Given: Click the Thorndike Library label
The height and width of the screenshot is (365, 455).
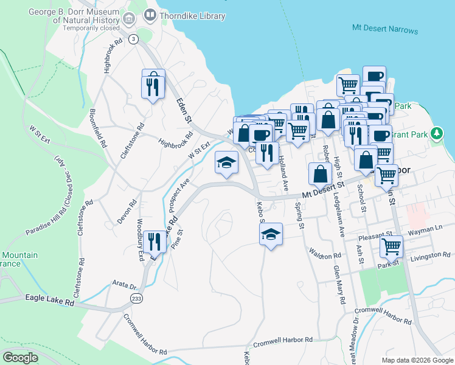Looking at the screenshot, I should click(x=193, y=16).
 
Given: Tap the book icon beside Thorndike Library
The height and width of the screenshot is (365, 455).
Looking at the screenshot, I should click(x=150, y=15).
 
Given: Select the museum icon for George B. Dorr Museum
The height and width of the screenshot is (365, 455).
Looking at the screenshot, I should click(x=128, y=19).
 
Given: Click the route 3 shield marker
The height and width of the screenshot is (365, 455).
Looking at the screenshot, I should click(x=133, y=39).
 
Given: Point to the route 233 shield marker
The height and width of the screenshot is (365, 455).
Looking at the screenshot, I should click(x=136, y=298).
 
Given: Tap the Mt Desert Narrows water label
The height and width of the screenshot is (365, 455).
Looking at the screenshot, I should click(x=385, y=30).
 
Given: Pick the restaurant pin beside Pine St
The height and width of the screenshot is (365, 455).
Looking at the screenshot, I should click(x=153, y=242).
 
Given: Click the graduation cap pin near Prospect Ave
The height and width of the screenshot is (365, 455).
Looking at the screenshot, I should click(x=226, y=163).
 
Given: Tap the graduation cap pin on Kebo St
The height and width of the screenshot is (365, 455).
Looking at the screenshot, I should click(x=271, y=234).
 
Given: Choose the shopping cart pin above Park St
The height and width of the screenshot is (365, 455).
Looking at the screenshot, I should click(x=391, y=246).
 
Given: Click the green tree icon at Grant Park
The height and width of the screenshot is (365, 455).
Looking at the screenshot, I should click(x=436, y=133).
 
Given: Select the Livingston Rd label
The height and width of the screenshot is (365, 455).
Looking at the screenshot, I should click(x=430, y=254).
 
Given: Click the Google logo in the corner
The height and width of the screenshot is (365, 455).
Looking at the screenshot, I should click(x=21, y=358).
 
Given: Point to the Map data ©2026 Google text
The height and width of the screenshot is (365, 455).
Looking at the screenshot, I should click(x=417, y=360).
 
